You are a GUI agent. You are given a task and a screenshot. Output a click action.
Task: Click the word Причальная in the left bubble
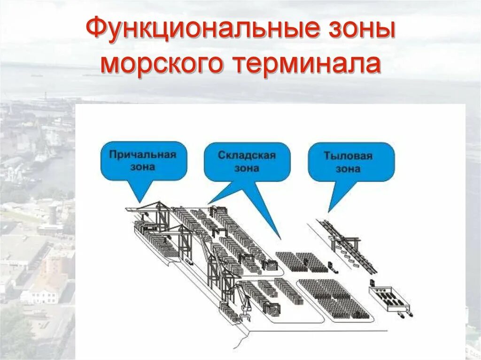pos(142,154)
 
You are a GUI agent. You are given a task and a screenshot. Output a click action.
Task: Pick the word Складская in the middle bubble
pos(247,155)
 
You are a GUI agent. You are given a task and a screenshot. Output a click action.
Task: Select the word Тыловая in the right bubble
pos(348,156)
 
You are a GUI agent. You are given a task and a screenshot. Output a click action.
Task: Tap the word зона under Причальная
pos(142,167)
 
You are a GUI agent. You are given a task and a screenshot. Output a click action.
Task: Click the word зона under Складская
pos(247,168)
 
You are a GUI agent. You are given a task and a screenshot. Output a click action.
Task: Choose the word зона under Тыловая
pos(348,169)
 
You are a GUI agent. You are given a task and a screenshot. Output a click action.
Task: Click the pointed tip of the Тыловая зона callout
pos(329,211)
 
